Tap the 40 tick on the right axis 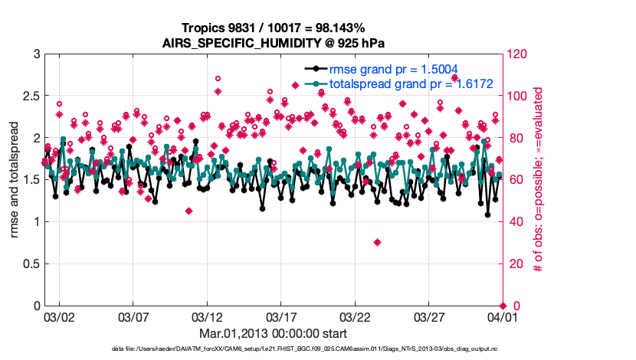pyautogui.click(x=513, y=222)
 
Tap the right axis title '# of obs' pyautogui.click(x=539, y=180)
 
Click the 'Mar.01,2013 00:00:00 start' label pyautogui.click(x=273, y=334)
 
